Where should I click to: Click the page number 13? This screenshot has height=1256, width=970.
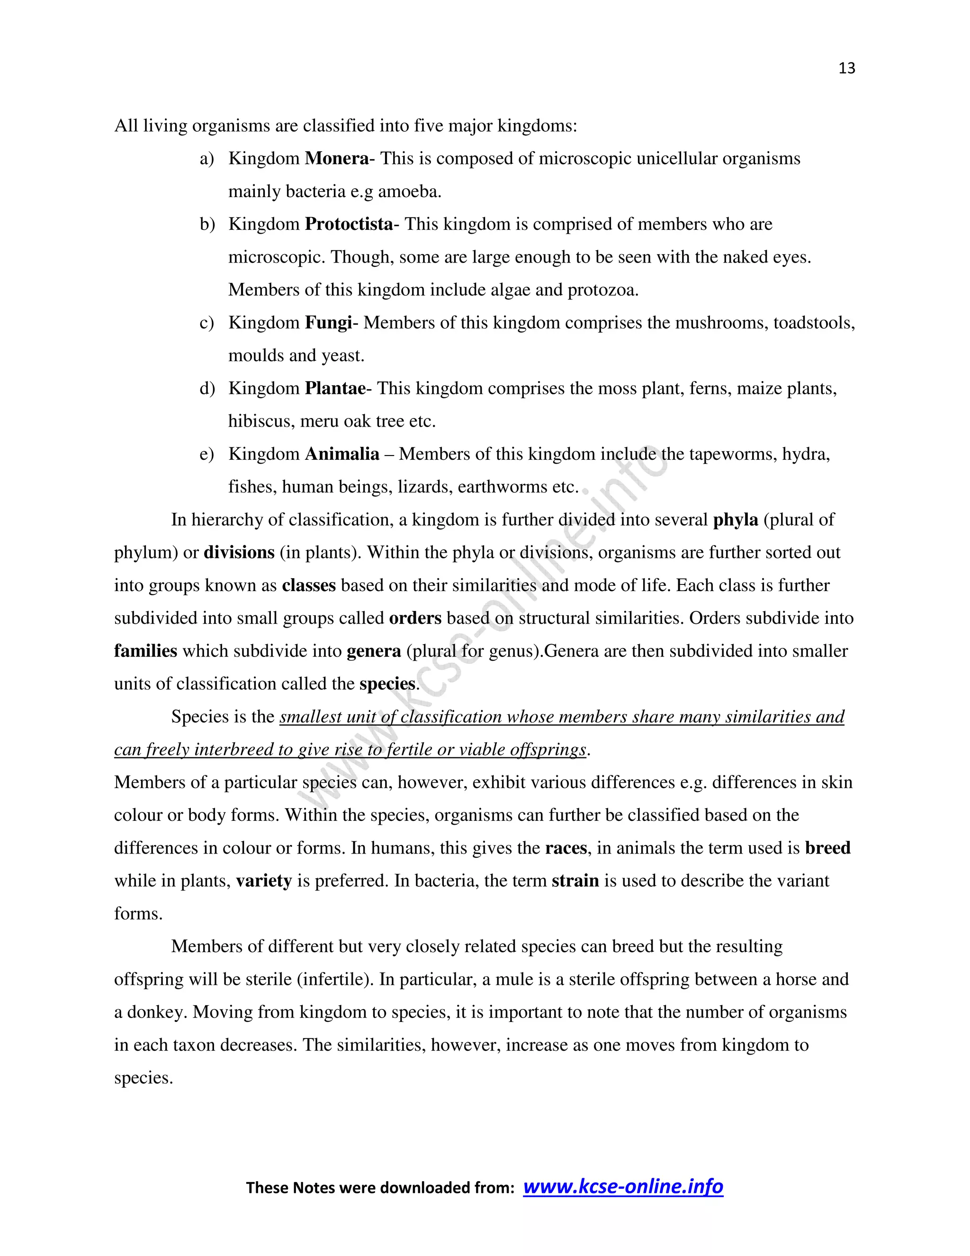point(846,68)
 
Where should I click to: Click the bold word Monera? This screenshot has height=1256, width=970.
point(337,159)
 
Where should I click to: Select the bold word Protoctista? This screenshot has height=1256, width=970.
point(349,224)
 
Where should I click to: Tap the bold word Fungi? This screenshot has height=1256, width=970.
point(328,323)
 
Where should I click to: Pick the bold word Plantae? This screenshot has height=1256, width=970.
point(335,389)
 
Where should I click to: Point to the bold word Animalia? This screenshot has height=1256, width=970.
point(342,455)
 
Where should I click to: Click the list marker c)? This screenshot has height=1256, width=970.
point(207,323)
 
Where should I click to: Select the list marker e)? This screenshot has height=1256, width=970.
point(207,455)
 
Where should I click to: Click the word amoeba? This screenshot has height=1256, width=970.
point(409,191)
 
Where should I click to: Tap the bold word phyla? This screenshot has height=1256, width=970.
point(736,520)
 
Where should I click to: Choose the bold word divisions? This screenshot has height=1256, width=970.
point(239,553)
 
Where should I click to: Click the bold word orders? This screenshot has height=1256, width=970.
point(415,618)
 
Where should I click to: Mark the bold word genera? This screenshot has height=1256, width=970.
point(374,651)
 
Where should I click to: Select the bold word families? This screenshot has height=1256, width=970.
point(145,651)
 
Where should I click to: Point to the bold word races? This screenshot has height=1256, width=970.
point(566,848)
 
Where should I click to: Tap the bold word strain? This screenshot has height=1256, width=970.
point(575,881)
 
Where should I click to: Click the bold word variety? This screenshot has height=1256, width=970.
point(264,881)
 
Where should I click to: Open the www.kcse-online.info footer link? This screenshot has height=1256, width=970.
point(623,1186)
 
